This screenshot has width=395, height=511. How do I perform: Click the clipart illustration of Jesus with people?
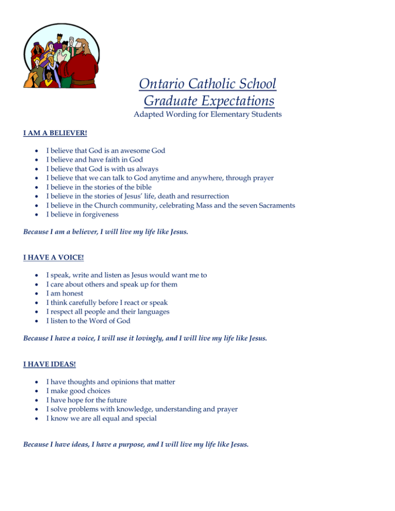60,61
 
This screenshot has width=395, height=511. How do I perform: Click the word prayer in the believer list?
261,178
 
